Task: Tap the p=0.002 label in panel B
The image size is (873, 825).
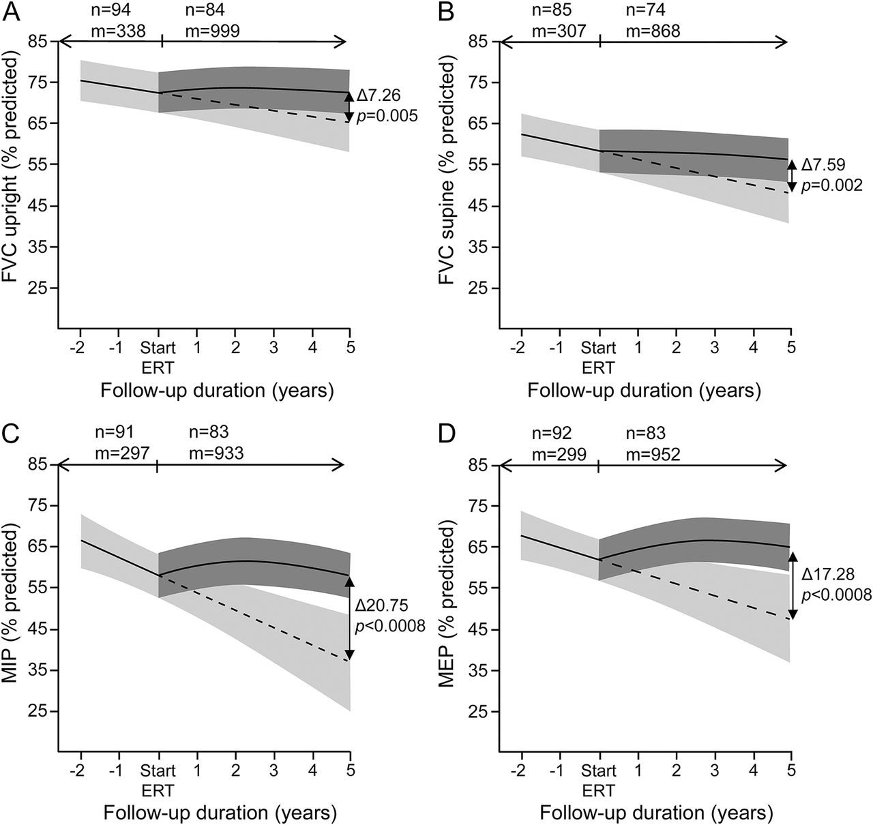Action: [831, 185]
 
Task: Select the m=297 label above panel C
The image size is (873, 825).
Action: [119, 453]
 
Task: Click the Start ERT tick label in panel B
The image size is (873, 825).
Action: [600, 357]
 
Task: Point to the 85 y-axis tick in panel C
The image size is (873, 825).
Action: [40, 465]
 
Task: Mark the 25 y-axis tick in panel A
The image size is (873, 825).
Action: [40, 288]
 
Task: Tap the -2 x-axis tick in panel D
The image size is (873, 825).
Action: [518, 771]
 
